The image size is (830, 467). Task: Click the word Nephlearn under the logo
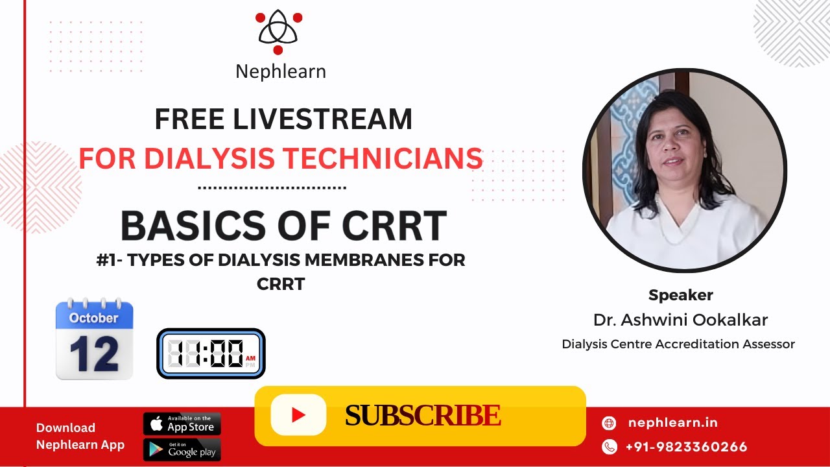tap(280, 71)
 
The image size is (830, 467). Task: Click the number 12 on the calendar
tap(94, 353)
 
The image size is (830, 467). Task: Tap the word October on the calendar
tap(93, 318)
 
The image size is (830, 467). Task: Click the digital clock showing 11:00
tap(211, 353)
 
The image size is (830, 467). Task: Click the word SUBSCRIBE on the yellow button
tap(422, 416)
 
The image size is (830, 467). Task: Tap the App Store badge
tap(182, 424)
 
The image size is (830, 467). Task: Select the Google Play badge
tap(182, 449)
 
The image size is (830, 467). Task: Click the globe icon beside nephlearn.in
tap(609, 424)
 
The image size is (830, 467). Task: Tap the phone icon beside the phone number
tap(609, 446)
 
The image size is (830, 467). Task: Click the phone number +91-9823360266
tap(686, 447)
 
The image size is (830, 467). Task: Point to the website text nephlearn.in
tap(673, 423)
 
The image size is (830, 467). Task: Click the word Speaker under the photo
tap(681, 295)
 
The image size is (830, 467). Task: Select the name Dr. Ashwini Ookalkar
tap(681, 320)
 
